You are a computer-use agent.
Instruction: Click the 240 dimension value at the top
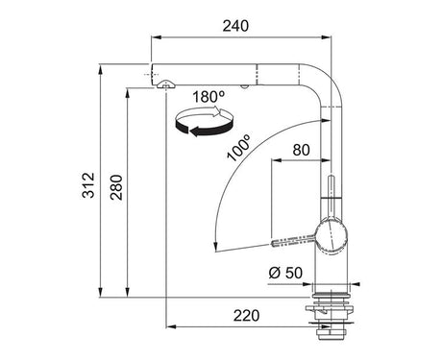point(235,26)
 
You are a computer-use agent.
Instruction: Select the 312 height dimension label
point(88,185)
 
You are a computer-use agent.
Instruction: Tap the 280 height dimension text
point(116,187)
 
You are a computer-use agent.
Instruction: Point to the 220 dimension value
point(246,316)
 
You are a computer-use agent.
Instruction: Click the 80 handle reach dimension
point(301,150)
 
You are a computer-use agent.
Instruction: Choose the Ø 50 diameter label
point(285,273)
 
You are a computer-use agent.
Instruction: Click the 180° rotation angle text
point(209,97)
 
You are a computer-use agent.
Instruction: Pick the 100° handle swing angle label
point(238,147)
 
